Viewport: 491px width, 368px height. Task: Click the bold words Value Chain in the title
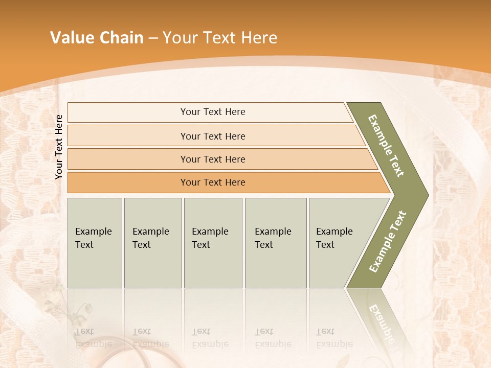tap(97, 38)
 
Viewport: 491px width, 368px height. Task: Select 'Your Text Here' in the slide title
tap(220, 38)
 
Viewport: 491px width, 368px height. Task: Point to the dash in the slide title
tap(153, 38)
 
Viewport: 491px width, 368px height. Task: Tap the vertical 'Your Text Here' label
tap(59, 147)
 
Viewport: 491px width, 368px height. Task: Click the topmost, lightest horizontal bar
tap(212, 112)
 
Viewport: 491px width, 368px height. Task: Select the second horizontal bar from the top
tap(212, 136)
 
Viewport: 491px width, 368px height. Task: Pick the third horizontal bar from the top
tap(212, 159)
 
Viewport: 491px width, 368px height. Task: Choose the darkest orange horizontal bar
tap(212, 182)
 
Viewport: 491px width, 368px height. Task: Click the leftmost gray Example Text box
tap(95, 242)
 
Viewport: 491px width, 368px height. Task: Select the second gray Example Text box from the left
tap(152, 242)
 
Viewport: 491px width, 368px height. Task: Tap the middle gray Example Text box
tap(213, 242)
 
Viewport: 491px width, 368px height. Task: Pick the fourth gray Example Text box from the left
tap(275, 242)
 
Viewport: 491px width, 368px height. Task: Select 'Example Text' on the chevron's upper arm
tap(386, 145)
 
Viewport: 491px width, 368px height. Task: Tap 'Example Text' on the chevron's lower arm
tap(388, 241)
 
